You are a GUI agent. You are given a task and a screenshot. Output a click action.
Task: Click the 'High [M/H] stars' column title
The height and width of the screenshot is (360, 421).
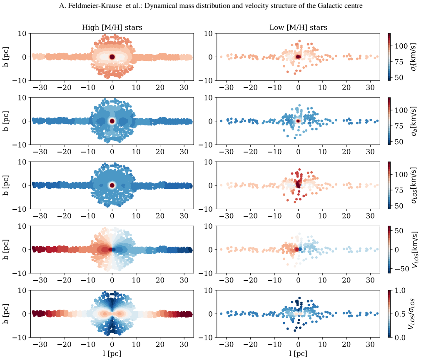[x=112, y=27]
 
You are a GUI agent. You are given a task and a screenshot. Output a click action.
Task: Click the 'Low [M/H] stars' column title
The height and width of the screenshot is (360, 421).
[x=298, y=27]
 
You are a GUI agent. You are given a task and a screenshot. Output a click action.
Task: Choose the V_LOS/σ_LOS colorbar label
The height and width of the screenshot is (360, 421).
[x=412, y=314]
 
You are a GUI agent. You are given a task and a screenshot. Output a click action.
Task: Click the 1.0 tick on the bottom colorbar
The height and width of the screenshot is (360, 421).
[x=400, y=290]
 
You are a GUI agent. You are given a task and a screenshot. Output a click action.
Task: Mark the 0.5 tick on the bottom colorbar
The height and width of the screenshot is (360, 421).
[x=400, y=314]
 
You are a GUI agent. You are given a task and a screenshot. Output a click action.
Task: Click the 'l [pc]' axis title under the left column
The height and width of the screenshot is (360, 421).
[x=112, y=354]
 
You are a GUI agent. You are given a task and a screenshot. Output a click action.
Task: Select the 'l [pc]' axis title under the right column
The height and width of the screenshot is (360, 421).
[x=298, y=354]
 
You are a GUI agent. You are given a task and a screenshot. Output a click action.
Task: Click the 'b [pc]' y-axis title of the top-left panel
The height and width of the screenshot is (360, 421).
[x=6, y=57]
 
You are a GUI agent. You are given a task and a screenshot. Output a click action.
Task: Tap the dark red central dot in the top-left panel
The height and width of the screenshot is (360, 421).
[x=112, y=57]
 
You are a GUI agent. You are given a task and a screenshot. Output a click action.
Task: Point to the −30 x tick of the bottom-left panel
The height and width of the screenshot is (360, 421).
[x=40, y=345]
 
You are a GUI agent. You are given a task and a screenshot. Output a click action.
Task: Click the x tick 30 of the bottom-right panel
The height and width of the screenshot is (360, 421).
[x=370, y=345]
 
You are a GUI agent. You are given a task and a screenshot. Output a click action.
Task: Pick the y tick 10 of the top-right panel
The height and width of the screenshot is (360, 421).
[x=208, y=34]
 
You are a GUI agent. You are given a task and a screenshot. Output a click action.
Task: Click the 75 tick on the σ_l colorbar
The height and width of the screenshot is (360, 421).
[x=399, y=62]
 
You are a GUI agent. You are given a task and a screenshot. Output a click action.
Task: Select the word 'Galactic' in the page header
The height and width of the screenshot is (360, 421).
[x=332, y=6]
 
